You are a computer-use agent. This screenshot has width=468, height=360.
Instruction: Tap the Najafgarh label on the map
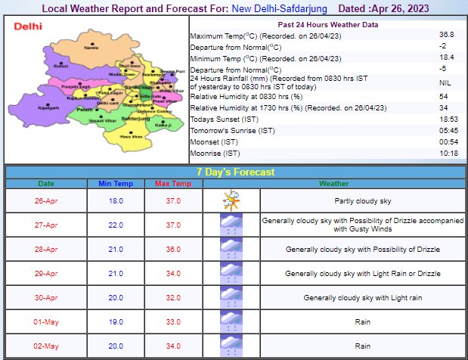coord(48,109)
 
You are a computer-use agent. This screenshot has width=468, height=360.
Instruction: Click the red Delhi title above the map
coord(28,26)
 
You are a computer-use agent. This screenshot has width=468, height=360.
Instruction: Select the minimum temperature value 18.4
coord(448,57)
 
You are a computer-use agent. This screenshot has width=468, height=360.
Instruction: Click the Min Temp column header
coord(115,183)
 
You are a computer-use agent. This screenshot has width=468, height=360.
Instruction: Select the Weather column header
coord(334,183)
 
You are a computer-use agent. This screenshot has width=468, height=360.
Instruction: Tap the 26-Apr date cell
coord(47,201)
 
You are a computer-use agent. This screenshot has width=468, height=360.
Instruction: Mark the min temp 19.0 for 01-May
coord(115,322)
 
